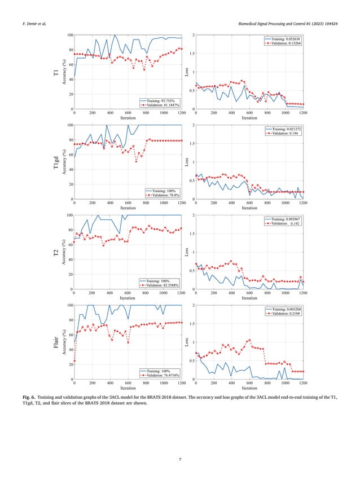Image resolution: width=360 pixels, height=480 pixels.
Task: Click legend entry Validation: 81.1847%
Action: coord(163,105)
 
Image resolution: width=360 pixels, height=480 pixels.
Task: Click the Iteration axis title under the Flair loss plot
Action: coord(249,388)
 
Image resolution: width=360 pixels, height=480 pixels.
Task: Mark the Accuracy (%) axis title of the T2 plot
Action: coord(66,252)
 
